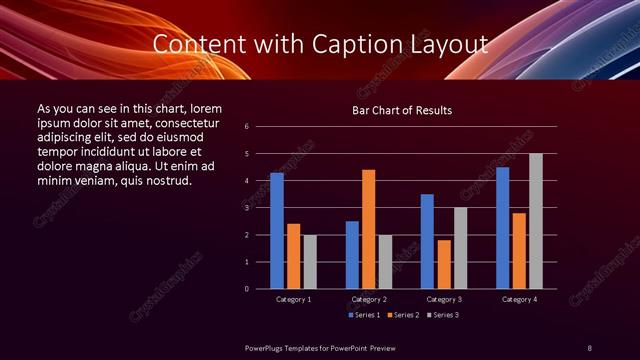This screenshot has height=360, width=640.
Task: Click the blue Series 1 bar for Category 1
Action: pyautogui.click(x=277, y=231)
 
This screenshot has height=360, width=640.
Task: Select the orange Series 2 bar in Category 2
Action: pyautogui.click(x=369, y=229)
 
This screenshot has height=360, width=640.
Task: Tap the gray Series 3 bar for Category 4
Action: pyautogui.click(x=536, y=221)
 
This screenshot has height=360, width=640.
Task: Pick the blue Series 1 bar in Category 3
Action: pyautogui.click(x=427, y=241)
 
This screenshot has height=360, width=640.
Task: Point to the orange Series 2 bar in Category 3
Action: pyautogui.click(x=444, y=264)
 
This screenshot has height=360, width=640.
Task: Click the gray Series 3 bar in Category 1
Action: pyautogui.click(x=310, y=262)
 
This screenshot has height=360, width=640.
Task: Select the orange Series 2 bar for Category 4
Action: pyautogui.click(x=519, y=251)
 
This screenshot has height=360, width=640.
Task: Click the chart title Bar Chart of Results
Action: pyautogui.click(x=403, y=109)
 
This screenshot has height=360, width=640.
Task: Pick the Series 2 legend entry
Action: pyautogui.click(x=402, y=315)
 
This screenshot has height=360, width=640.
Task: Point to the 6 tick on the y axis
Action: pyautogui.click(x=260, y=127)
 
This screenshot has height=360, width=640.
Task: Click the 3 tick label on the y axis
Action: pyautogui.click(x=260, y=208)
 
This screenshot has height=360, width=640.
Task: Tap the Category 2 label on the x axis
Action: pyautogui.click(x=369, y=299)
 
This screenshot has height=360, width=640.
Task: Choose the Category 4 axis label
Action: pyautogui.click(x=519, y=299)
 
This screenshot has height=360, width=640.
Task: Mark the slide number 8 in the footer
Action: pyautogui.click(x=589, y=347)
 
